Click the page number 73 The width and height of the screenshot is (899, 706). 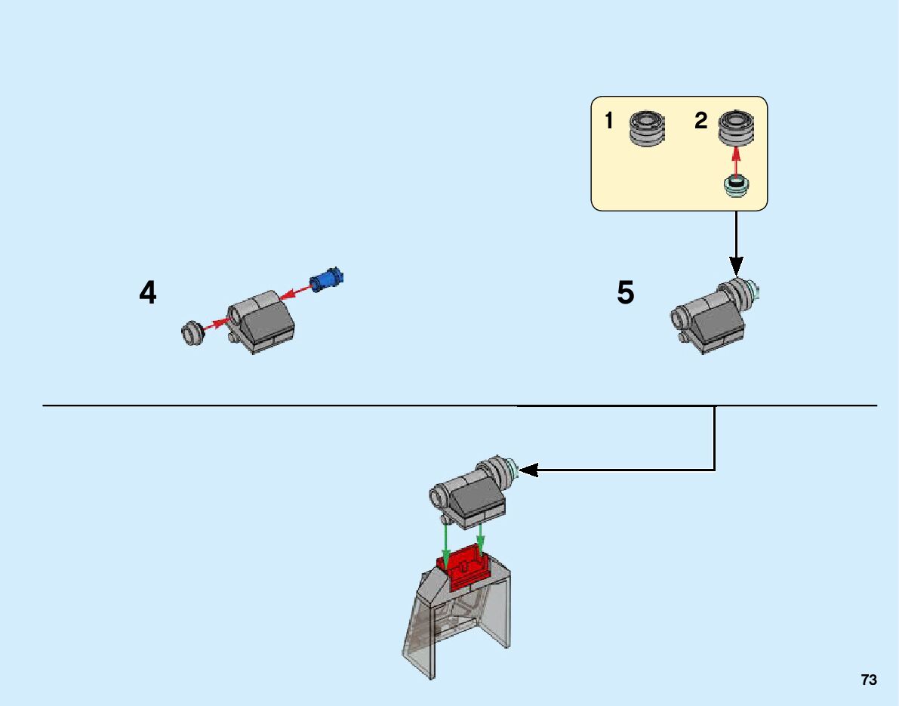tap(869, 680)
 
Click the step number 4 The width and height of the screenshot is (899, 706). tap(148, 293)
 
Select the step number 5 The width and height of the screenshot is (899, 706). tap(626, 293)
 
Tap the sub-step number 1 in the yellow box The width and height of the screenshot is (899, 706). tap(609, 121)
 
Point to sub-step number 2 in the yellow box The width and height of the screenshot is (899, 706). tap(700, 121)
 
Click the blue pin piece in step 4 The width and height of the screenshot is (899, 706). tap(326, 279)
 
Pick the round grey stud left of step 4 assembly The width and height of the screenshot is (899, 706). tap(192, 335)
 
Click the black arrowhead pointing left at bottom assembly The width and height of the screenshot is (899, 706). tap(528, 470)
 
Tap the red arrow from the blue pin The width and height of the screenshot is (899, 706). tap(295, 292)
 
